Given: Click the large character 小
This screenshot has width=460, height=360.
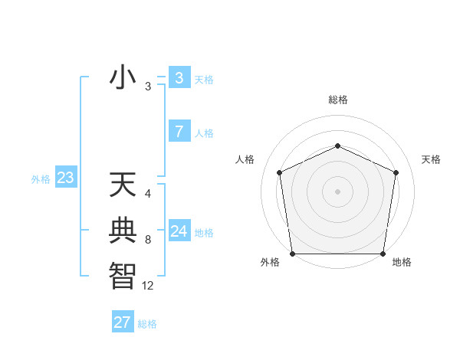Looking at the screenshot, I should pyautogui.click(x=123, y=78).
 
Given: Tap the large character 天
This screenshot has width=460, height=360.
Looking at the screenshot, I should pyautogui.click(x=123, y=186).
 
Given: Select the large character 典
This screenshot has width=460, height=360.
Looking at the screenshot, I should pyautogui.click(x=123, y=230).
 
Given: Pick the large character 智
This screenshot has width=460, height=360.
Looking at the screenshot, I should pyautogui.click(x=123, y=273).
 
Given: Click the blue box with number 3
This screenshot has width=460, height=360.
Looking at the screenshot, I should pyautogui.click(x=179, y=78).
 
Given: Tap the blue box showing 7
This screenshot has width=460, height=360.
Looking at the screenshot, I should pyautogui.click(x=179, y=132).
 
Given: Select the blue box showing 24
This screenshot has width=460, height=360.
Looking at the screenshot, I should pyautogui.click(x=179, y=231).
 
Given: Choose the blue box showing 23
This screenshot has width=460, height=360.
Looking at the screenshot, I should pyautogui.click(x=65, y=178).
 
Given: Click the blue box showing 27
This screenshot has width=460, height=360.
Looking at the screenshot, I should pyautogui.click(x=123, y=322).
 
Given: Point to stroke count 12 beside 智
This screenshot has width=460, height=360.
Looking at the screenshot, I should pyautogui.click(x=148, y=286).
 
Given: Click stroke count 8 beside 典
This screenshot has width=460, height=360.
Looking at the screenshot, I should pyautogui.click(x=148, y=240).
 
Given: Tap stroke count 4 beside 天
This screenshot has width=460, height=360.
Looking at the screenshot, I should pyautogui.click(x=148, y=194).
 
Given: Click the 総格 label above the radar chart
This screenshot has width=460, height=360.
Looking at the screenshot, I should pyautogui.click(x=337, y=100).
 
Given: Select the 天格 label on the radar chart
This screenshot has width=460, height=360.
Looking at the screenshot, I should pyautogui.click(x=432, y=159).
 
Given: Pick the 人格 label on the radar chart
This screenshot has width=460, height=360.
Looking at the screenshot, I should pyautogui.click(x=245, y=159).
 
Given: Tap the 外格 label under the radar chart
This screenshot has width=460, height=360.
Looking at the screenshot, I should pyautogui.click(x=270, y=263).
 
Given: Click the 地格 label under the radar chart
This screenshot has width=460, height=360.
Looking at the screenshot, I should pyautogui.click(x=402, y=263).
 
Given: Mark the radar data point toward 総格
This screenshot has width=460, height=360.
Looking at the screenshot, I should pyautogui.click(x=337, y=146).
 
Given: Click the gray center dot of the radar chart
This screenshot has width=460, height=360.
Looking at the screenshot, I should pyautogui.click(x=337, y=191).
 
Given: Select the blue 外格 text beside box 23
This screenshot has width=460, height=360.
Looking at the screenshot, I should pyautogui.click(x=41, y=179).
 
